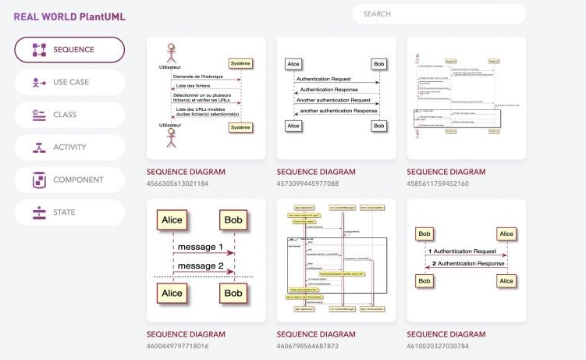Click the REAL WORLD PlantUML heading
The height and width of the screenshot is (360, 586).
tap(69, 16)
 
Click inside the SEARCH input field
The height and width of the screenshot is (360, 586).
tap(439, 14)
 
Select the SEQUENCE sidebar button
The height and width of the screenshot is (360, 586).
tap(69, 50)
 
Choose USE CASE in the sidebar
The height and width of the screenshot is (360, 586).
tap(69, 82)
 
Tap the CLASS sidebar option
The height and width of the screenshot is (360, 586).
tap(69, 115)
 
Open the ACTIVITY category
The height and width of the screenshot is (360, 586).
tap(69, 147)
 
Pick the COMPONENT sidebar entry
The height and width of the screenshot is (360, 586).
tap(69, 180)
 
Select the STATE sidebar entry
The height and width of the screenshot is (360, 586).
tap(69, 212)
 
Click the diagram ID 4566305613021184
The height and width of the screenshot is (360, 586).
tap(178, 184)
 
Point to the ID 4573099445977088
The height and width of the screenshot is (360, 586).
tap(307, 184)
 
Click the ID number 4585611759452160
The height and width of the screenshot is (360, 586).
tap(438, 184)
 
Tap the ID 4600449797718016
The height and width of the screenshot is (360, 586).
tap(178, 346)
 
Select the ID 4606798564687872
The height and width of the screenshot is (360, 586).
tap(307, 346)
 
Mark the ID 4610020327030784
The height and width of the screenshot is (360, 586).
tap(438, 346)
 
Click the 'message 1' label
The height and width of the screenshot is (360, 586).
tap(201, 248)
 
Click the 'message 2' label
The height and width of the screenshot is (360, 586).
tap(201, 266)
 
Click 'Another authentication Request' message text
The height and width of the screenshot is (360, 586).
tap(334, 101)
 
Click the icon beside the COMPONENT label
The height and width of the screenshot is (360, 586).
tap(39, 180)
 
